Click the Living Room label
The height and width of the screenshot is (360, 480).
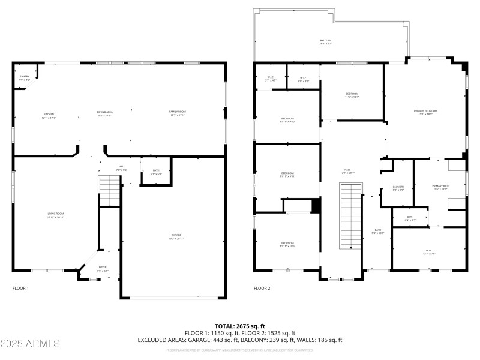(56, 215)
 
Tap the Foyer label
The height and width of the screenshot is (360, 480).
(103, 268)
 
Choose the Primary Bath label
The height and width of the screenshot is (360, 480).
(441, 187)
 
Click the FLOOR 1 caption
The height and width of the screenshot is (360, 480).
(20, 289)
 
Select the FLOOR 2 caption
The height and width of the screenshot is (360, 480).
(262, 289)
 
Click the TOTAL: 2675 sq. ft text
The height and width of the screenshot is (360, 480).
(239, 326)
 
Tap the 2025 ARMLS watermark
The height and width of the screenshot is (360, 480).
(30, 344)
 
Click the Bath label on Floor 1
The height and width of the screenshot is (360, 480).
(156, 172)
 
